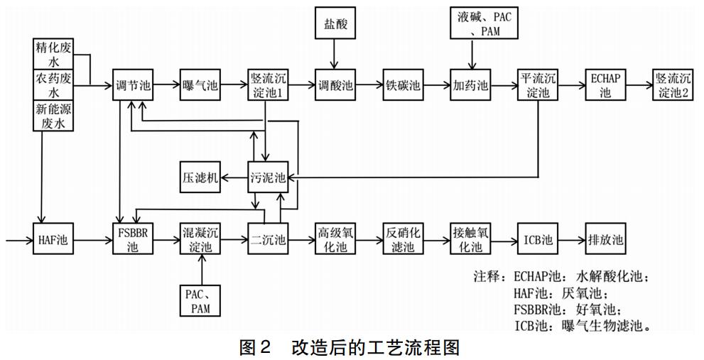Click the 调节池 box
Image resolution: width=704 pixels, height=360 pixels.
133,86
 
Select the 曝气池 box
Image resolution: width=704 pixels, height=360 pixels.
200,86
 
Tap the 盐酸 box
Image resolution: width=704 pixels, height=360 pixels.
334,25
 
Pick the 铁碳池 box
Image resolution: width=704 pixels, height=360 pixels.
402,86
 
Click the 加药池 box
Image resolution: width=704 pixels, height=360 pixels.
470,86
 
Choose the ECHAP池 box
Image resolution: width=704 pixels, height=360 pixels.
605,85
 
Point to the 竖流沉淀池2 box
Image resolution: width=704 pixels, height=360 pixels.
672,85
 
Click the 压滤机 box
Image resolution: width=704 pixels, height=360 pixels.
199,178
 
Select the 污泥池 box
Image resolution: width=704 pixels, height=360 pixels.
268,178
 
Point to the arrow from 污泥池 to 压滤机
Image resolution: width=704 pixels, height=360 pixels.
234,178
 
